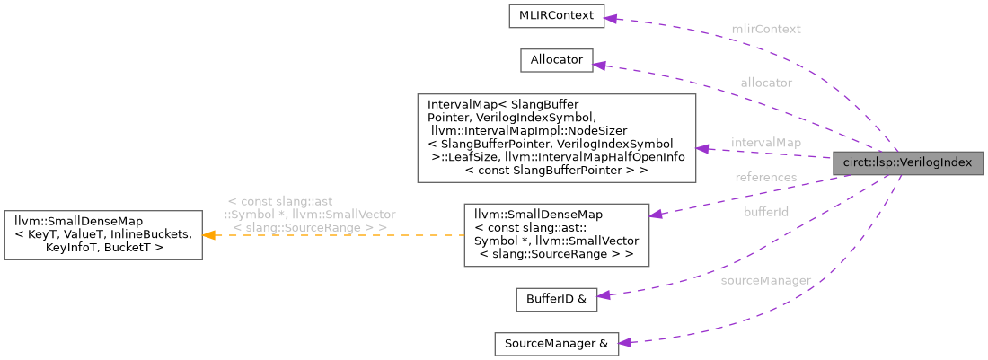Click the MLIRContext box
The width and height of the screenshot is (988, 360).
coord(556,16)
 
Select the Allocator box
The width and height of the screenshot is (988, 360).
coord(556,60)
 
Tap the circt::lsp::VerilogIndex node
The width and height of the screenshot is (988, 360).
coord(907,163)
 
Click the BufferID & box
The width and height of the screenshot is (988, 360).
coord(556,300)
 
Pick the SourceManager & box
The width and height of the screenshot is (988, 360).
coord(556,344)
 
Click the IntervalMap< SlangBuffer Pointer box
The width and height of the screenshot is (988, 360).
coord(556,137)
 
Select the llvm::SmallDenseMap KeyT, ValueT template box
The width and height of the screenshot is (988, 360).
coord(102,235)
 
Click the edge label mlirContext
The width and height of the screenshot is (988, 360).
coord(765,29)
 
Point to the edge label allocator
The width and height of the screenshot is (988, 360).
coord(766,82)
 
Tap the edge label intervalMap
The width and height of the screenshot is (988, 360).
coord(765,143)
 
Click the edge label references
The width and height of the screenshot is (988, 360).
coord(765,177)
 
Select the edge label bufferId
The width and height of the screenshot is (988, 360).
coord(766,212)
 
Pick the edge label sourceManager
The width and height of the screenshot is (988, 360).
coord(765,280)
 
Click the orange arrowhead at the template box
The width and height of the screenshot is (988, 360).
coord(207,235)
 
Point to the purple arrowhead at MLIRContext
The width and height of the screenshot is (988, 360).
coord(612,17)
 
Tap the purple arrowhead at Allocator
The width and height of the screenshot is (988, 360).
coord(600,65)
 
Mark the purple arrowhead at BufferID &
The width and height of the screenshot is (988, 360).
coord(604,295)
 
